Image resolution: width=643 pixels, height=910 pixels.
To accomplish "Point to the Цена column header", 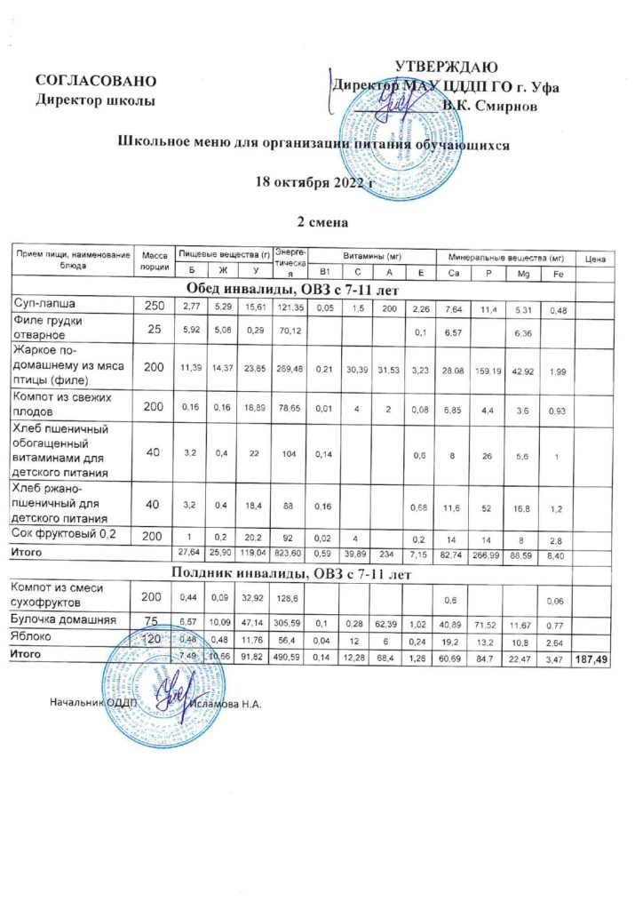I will (595, 259).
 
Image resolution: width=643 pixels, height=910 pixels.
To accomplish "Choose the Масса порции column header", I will (155, 259).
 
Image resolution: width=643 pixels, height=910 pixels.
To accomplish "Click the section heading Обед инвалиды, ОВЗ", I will (292, 289).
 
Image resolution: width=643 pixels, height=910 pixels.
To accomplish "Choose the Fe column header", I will (555, 273).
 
